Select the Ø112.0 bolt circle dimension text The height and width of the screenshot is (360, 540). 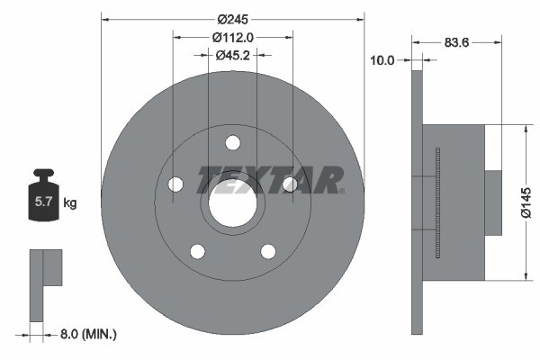(233, 37)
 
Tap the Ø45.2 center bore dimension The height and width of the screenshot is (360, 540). (232, 55)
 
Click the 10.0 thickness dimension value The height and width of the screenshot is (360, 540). (382, 60)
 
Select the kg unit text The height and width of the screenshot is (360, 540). (70, 203)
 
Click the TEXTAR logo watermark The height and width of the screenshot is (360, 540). (270, 179)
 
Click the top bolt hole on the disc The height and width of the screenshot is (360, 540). (233, 142)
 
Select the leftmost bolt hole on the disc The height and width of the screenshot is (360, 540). (175, 184)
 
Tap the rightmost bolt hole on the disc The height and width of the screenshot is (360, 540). (290, 184)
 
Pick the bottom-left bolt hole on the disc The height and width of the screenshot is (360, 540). (197, 251)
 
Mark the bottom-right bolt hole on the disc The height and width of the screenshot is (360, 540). (268, 251)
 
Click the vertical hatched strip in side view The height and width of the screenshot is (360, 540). (436, 202)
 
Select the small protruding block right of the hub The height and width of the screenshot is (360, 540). (493, 202)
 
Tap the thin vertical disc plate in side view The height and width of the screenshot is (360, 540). (417, 202)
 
